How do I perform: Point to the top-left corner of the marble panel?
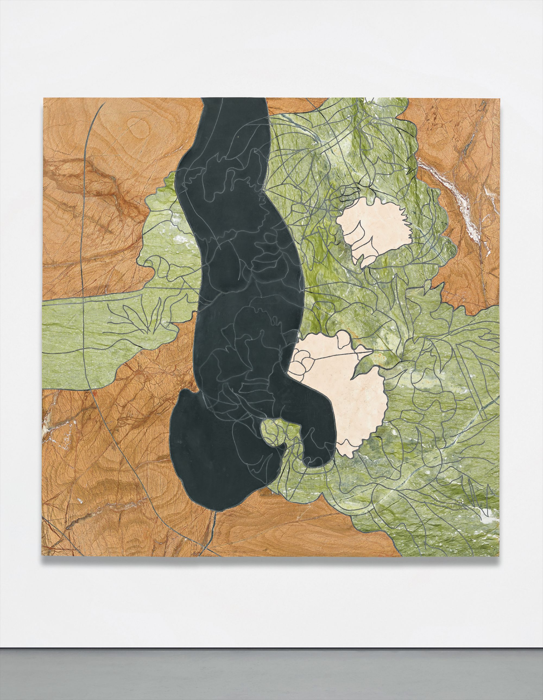43,98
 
